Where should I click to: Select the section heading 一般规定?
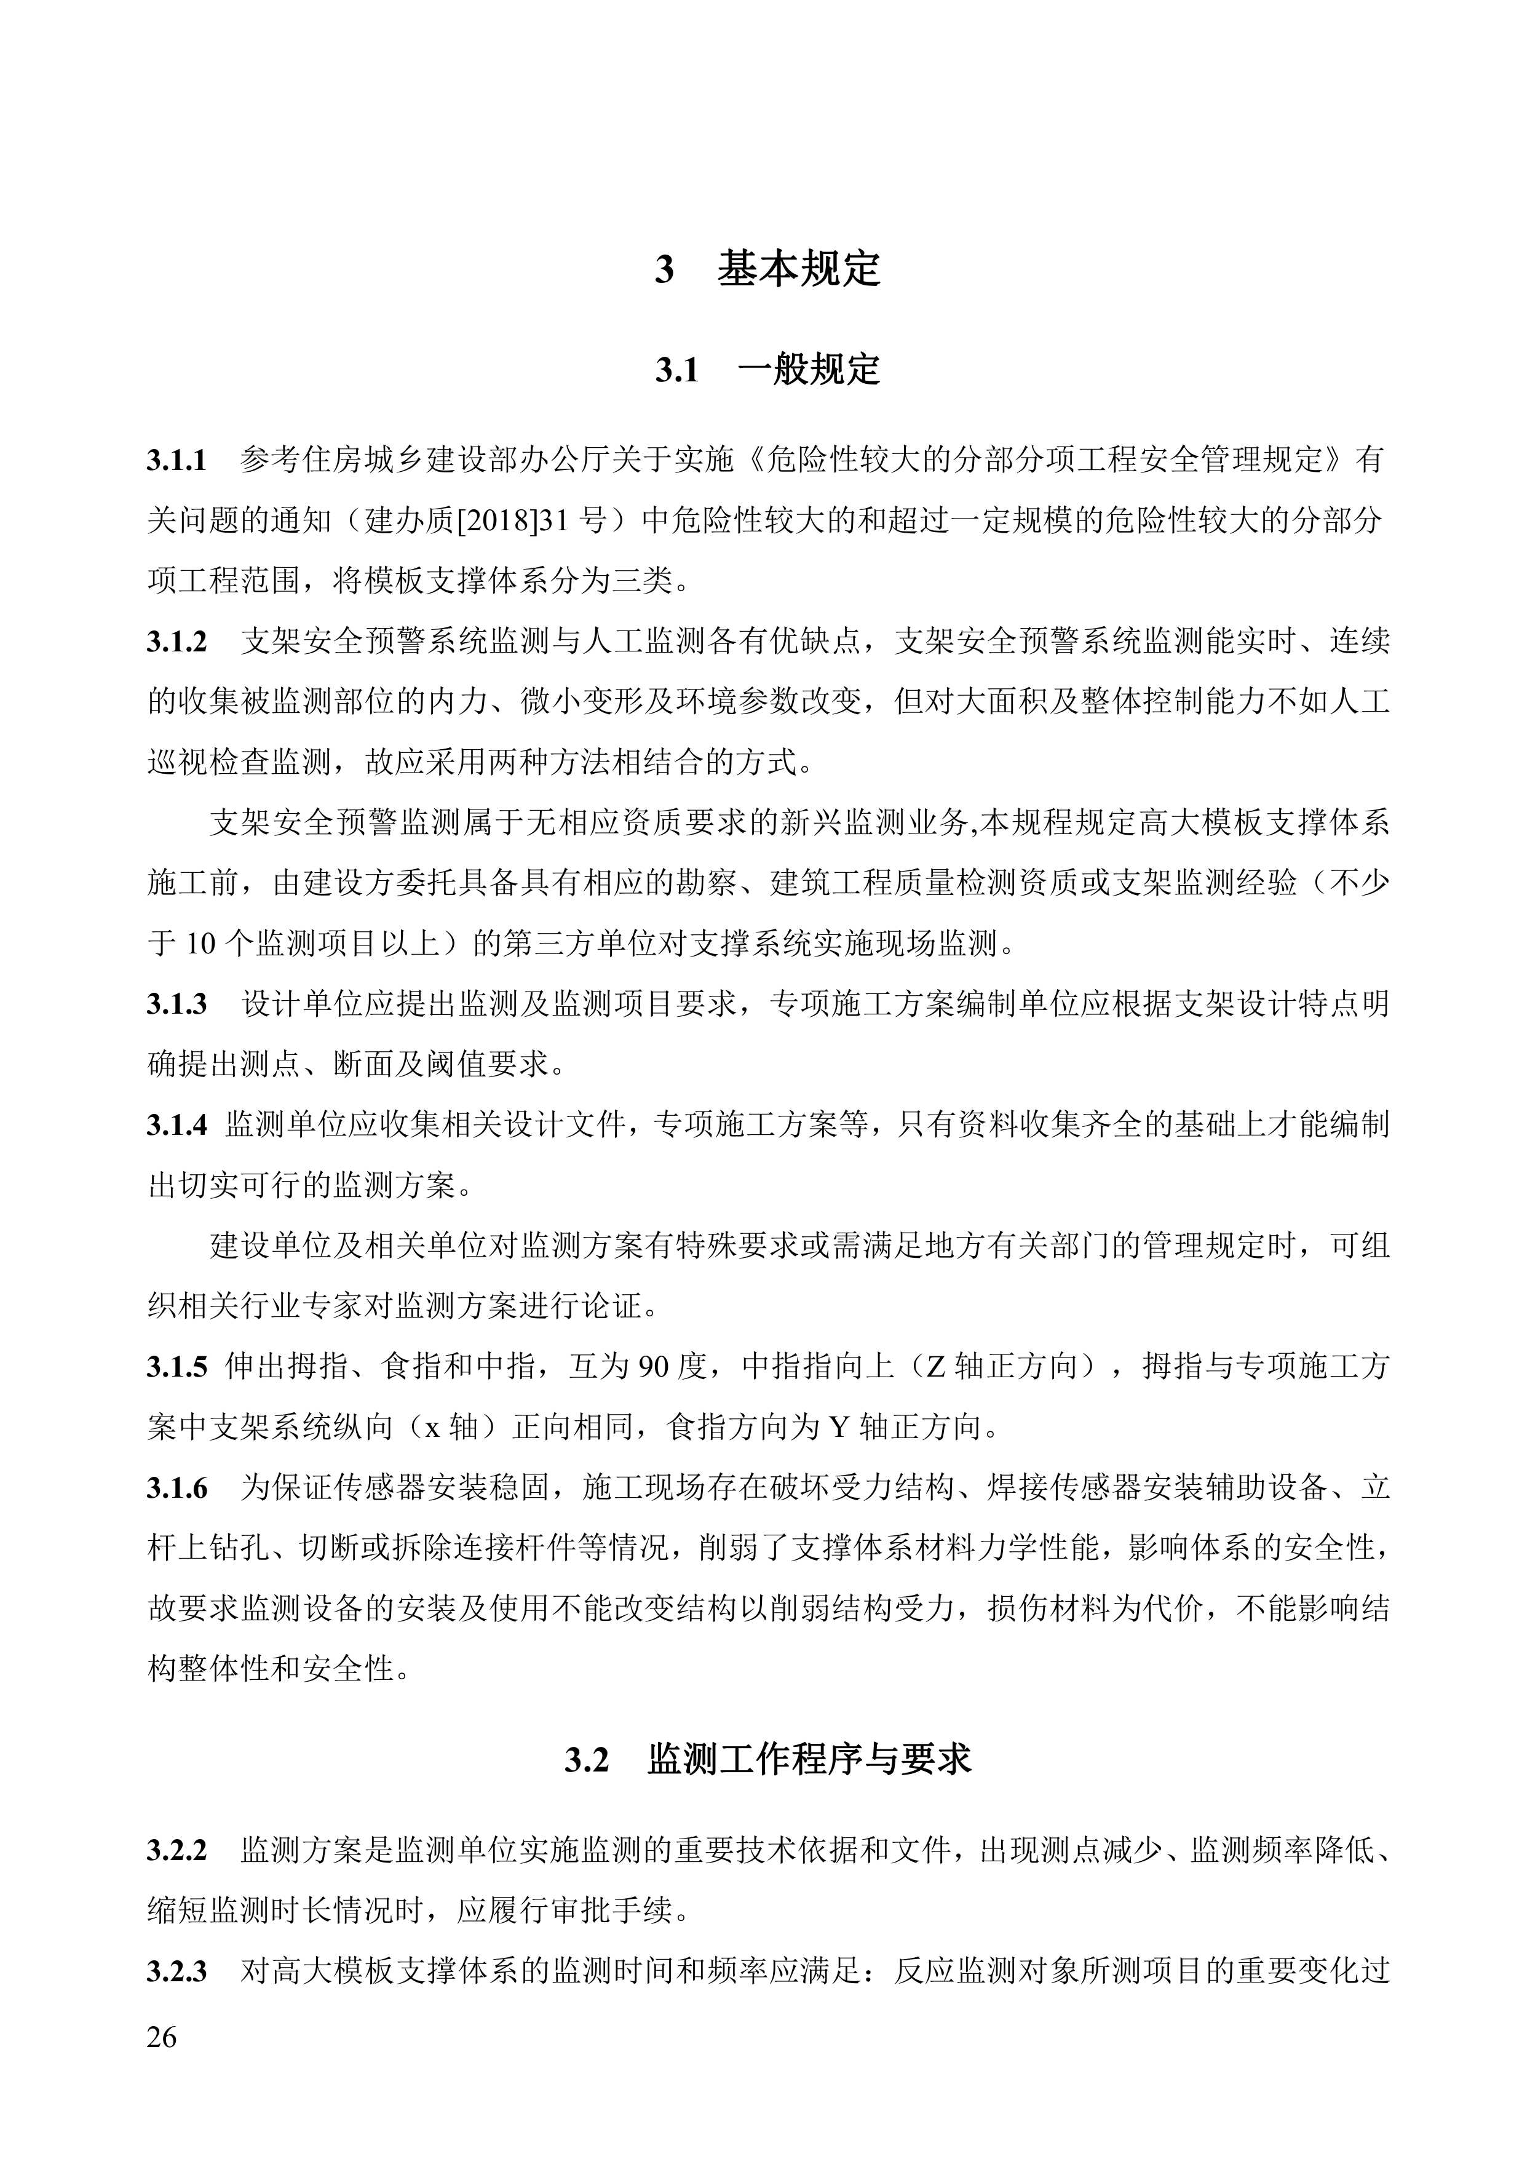808,370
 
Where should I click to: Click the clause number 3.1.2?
176,642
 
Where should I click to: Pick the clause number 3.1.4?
176,1126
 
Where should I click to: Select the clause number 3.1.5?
176,1367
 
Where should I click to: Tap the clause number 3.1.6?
176,1488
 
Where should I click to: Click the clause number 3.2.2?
176,1850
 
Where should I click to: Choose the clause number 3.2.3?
176,1971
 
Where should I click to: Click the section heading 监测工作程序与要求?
810,1759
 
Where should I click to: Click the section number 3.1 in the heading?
677,370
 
